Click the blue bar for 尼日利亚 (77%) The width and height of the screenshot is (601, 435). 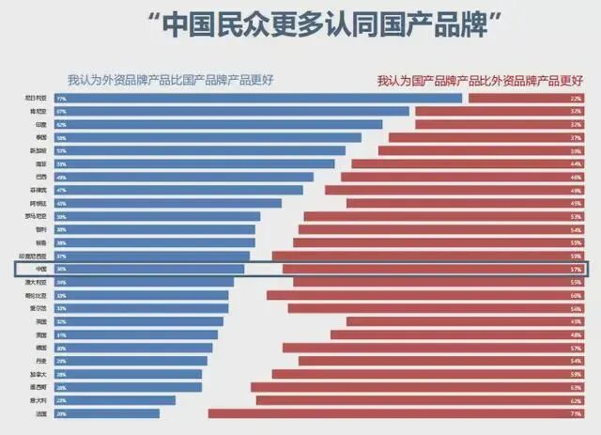[x=263, y=98]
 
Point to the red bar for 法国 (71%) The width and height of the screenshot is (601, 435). [x=394, y=412]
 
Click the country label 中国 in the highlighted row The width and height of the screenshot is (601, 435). [x=40, y=269]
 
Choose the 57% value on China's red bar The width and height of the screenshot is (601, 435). [x=576, y=269]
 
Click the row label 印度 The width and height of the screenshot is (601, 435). [x=40, y=124]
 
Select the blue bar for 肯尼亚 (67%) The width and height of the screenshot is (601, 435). [x=235, y=111]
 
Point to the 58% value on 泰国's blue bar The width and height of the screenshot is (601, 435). [x=62, y=137]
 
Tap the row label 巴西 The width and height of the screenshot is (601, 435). [x=40, y=177]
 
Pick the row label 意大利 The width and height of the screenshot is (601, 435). [x=39, y=399]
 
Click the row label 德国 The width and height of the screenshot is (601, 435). [x=40, y=347]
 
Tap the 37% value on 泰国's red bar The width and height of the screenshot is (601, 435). [x=576, y=137]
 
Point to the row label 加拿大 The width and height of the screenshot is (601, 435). [x=39, y=373]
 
